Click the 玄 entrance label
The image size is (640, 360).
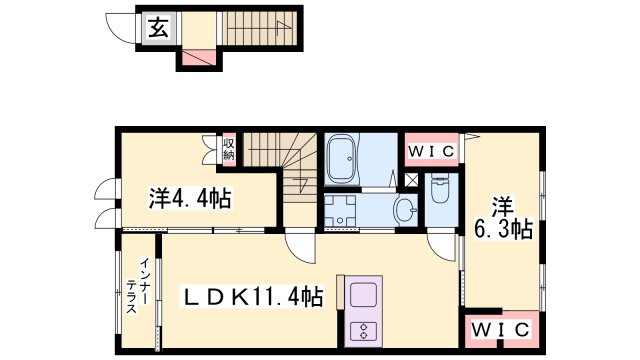(x=159, y=28)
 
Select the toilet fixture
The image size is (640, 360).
(x=438, y=189)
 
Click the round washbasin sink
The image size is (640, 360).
(x=402, y=210)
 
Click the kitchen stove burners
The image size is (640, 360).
(x=360, y=329)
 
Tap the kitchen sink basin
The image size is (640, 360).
(x=360, y=296)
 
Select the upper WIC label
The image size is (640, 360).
(x=431, y=151)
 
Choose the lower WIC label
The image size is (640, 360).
(x=497, y=329)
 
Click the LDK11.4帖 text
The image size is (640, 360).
(x=251, y=297)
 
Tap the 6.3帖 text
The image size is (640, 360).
(x=503, y=228)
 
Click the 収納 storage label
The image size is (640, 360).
(x=228, y=150)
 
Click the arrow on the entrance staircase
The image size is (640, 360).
(x=282, y=26)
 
